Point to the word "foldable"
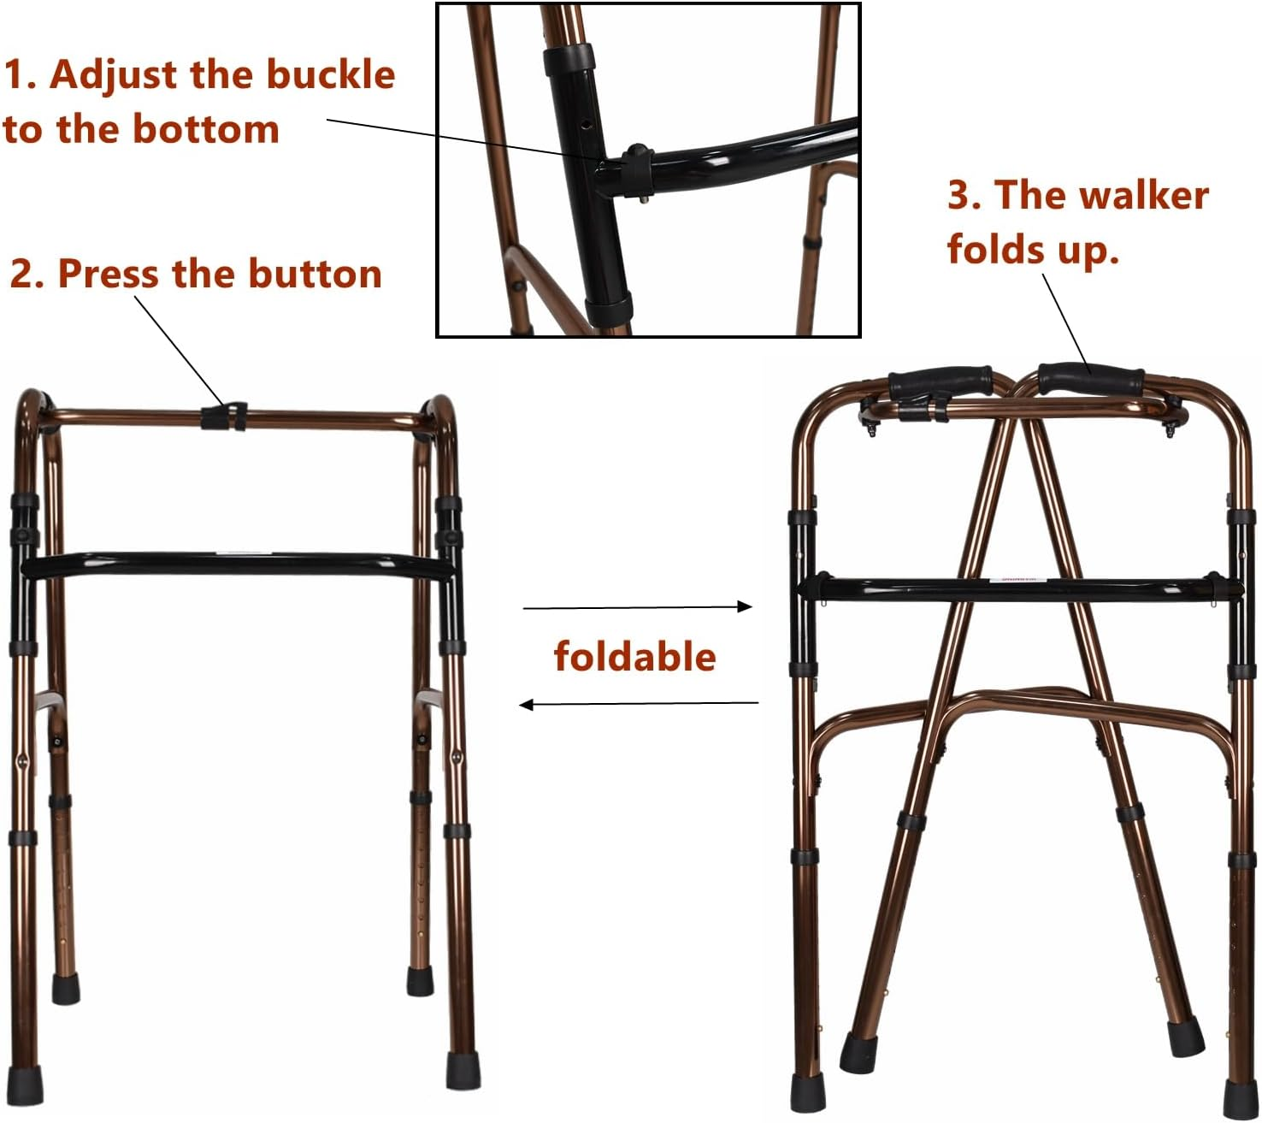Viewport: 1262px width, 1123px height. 634,657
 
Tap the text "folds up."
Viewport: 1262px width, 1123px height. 1032,249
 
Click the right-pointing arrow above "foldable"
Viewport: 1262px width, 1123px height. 638,607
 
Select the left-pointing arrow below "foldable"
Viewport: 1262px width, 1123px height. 638,705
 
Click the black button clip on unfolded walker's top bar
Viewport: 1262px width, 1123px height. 224,417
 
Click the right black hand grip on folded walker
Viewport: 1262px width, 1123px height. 1091,378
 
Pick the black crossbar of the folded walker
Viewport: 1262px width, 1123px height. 1017,588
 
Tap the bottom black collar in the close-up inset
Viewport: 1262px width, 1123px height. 608,308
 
